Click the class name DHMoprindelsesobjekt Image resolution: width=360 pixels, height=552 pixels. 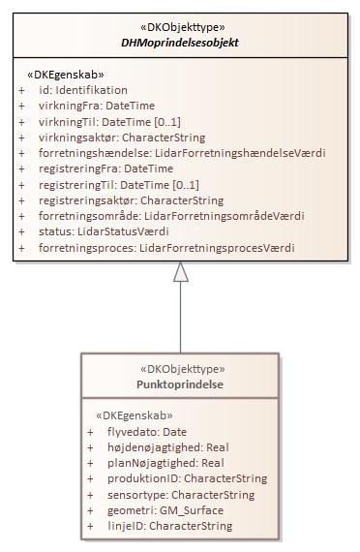click(x=180, y=43)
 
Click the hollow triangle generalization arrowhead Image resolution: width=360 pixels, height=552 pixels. click(x=181, y=272)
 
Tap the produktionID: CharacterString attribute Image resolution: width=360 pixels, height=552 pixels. click(x=188, y=478)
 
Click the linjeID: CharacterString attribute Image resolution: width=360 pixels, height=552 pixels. click(x=170, y=526)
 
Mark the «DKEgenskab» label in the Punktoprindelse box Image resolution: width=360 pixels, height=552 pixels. click(x=134, y=415)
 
